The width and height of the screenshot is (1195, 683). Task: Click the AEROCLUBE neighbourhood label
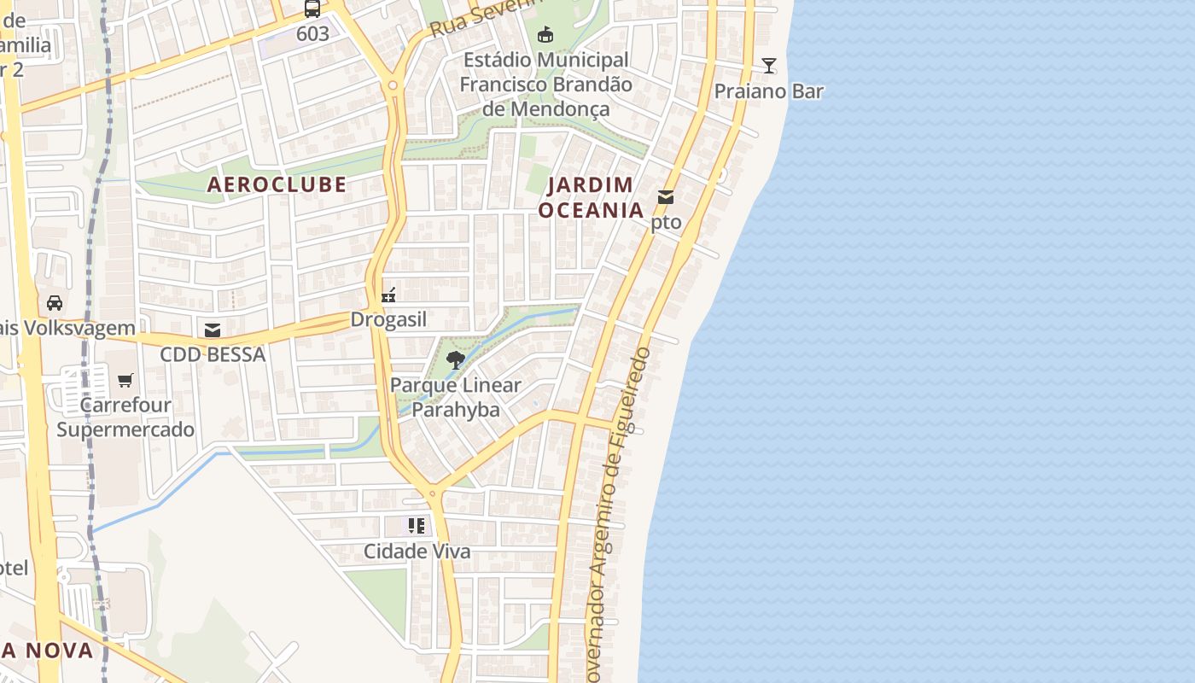(277, 184)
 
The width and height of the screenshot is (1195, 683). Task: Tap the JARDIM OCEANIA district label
(591, 197)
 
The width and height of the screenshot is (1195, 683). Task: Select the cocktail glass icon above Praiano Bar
(769, 66)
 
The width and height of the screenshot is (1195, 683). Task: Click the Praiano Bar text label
(768, 91)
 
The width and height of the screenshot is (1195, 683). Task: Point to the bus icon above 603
(312, 9)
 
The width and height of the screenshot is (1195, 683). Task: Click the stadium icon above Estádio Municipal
(545, 35)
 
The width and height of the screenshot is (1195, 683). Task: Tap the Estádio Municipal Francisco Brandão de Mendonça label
(546, 85)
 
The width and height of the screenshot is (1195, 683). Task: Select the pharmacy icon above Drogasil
(388, 295)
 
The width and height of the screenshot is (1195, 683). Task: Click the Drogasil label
(388, 320)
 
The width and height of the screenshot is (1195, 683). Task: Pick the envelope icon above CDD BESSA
(213, 330)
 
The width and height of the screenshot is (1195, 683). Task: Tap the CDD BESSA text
(213, 354)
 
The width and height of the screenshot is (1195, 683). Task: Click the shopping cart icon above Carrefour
(125, 380)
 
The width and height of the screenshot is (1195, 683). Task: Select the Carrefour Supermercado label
(125, 417)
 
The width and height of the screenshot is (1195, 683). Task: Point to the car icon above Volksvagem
(55, 303)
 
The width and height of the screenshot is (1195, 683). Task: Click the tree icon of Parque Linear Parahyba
(456, 359)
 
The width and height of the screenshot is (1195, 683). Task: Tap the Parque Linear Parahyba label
(455, 397)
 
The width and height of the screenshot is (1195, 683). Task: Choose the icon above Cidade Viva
(416, 526)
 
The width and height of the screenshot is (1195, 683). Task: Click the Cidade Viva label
(417, 552)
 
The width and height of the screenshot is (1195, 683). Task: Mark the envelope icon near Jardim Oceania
(666, 198)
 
